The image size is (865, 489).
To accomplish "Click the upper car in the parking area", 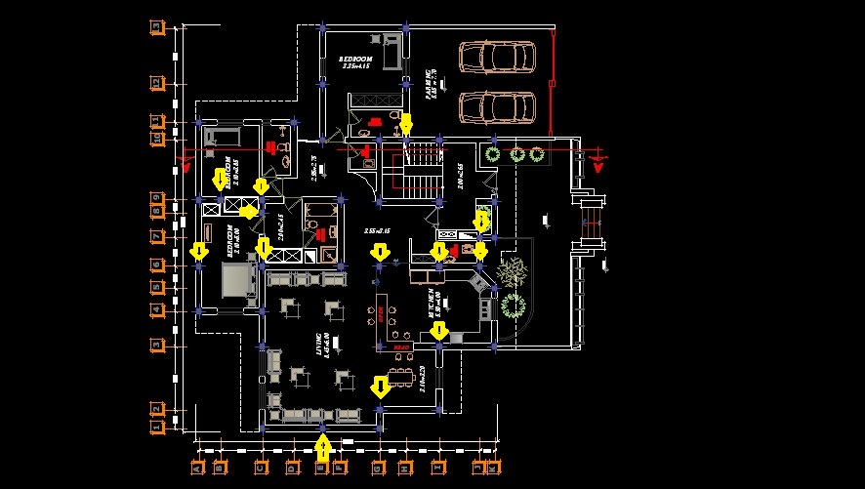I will tap(497, 59).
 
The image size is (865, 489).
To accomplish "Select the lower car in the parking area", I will tap(497, 105).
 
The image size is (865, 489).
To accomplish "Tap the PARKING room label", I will tap(430, 83).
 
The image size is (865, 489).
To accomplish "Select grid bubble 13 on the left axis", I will tap(156, 27).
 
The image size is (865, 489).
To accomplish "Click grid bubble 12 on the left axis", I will tap(156, 82).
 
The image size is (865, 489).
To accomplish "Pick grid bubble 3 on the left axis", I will tap(156, 345).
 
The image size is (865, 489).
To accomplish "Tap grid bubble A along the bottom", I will tap(198, 468).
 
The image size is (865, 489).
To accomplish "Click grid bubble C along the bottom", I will tap(261, 468).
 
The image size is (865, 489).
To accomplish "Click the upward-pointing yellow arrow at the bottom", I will tap(323, 448).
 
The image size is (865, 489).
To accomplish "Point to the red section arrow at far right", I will tap(598, 162).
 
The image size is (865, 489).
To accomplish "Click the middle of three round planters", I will tap(515, 153).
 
